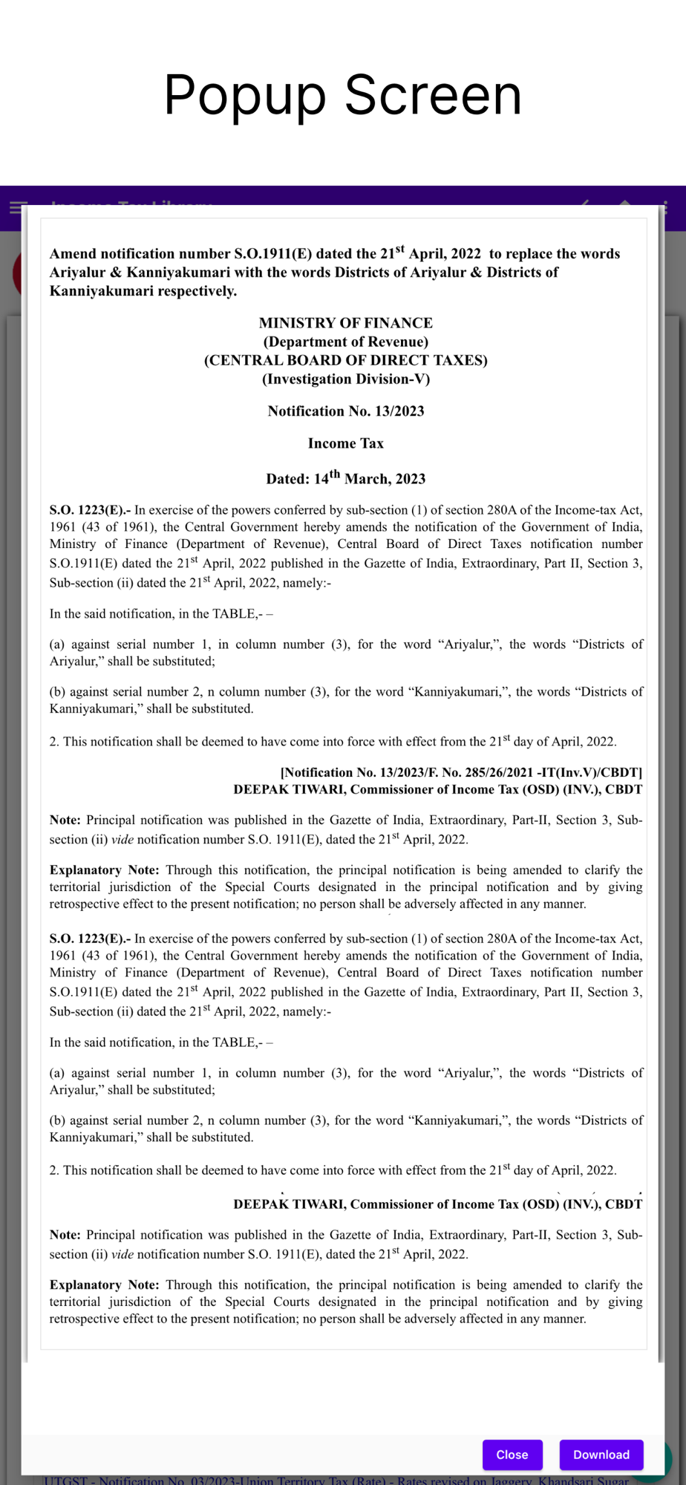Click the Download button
point(601,1455)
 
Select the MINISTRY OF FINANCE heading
point(345,323)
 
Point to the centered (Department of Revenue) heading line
point(345,342)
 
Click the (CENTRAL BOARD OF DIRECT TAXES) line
point(345,360)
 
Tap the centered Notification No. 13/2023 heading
point(345,411)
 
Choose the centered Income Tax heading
point(345,443)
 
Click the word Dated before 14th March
point(287,480)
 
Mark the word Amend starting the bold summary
point(73,254)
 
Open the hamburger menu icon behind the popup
point(18,207)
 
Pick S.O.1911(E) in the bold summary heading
point(272,254)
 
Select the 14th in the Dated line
point(327,478)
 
